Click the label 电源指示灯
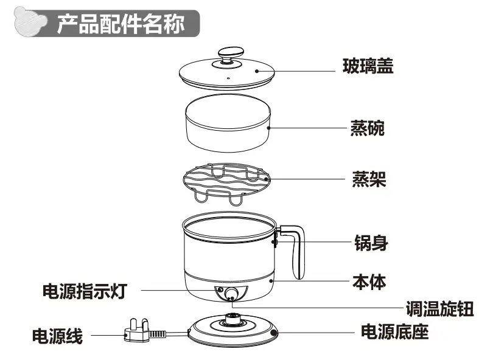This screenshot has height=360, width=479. [x=84, y=291]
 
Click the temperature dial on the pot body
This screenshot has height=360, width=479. [x=231, y=295]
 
